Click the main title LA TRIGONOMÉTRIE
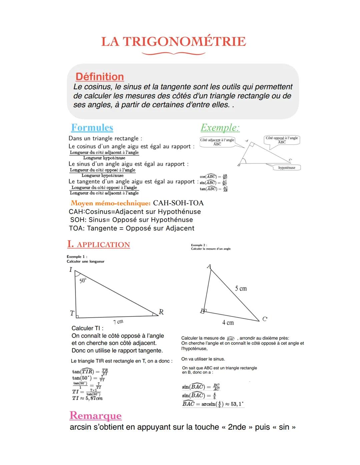(x=173, y=42)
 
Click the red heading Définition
(x=100, y=77)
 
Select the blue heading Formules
(x=92, y=128)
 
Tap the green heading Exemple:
(x=220, y=128)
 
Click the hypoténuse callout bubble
(x=287, y=168)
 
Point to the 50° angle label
(x=83, y=281)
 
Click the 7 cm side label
(x=118, y=322)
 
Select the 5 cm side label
(x=241, y=289)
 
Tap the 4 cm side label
(x=228, y=323)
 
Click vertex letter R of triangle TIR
(x=161, y=312)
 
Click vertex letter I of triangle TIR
(x=71, y=270)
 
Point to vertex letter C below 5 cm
(x=265, y=319)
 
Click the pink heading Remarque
(x=96, y=416)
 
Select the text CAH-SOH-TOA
(x=178, y=203)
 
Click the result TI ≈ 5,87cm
(x=87, y=398)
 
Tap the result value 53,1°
(x=237, y=404)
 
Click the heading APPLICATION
(x=103, y=245)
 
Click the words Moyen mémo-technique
(x=110, y=203)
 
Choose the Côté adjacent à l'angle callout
(x=217, y=142)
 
